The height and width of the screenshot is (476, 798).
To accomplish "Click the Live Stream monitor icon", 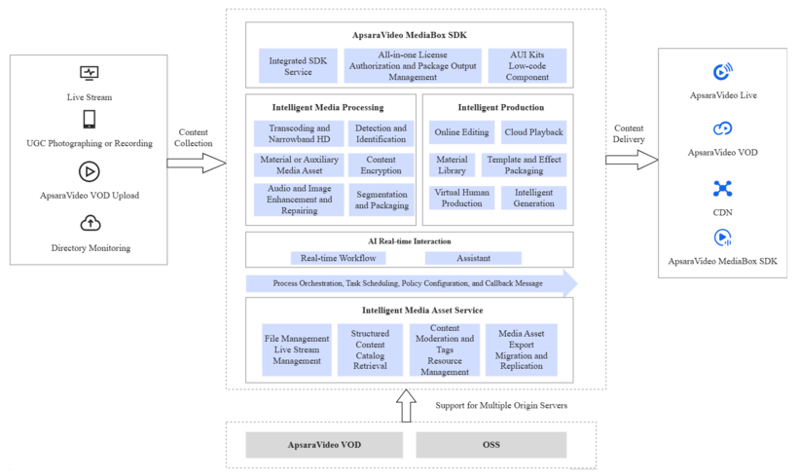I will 89,74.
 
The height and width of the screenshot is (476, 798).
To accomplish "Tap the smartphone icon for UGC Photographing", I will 89,119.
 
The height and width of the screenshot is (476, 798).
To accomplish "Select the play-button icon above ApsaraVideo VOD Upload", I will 89,171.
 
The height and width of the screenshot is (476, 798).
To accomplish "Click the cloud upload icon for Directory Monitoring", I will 90,224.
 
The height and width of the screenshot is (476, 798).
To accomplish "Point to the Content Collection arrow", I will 196,163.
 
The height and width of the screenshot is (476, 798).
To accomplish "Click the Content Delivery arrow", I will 632,159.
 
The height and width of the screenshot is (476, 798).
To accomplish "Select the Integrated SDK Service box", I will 298,66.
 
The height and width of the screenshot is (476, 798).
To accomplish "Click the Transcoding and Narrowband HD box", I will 299,133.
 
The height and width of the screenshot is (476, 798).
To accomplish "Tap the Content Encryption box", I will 381,165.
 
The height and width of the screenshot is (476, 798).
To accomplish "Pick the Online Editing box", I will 461,132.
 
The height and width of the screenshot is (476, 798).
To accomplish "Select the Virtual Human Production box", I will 461,198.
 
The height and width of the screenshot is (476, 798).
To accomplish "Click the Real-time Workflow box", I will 338,258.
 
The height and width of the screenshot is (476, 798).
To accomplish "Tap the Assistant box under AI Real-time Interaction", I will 473,258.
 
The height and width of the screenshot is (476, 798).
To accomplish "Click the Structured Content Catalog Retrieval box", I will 370,349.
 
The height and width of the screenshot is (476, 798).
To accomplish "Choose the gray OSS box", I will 490,445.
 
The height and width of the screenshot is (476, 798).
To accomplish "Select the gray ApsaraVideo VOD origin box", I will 324,445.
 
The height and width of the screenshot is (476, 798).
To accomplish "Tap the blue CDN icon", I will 722,188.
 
